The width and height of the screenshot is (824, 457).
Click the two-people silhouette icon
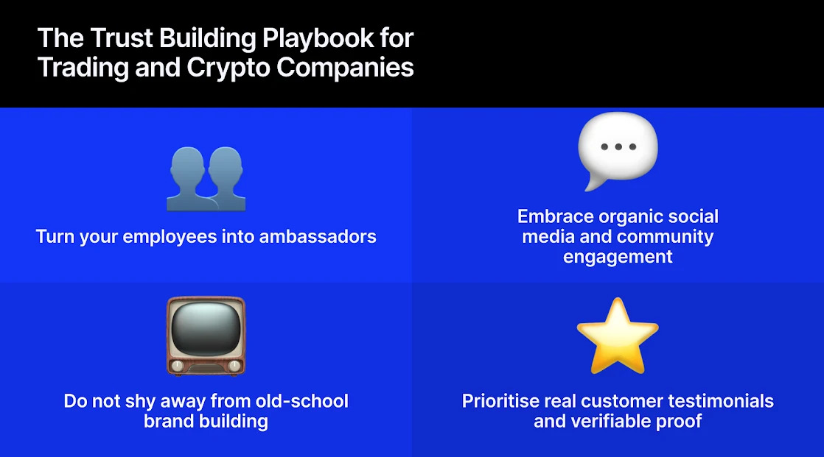point(206,179)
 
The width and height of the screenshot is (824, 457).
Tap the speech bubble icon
point(618,149)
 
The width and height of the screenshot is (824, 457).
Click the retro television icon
point(206,335)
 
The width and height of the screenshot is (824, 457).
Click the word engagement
point(618,256)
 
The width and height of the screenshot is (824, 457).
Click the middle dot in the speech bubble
point(618,146)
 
